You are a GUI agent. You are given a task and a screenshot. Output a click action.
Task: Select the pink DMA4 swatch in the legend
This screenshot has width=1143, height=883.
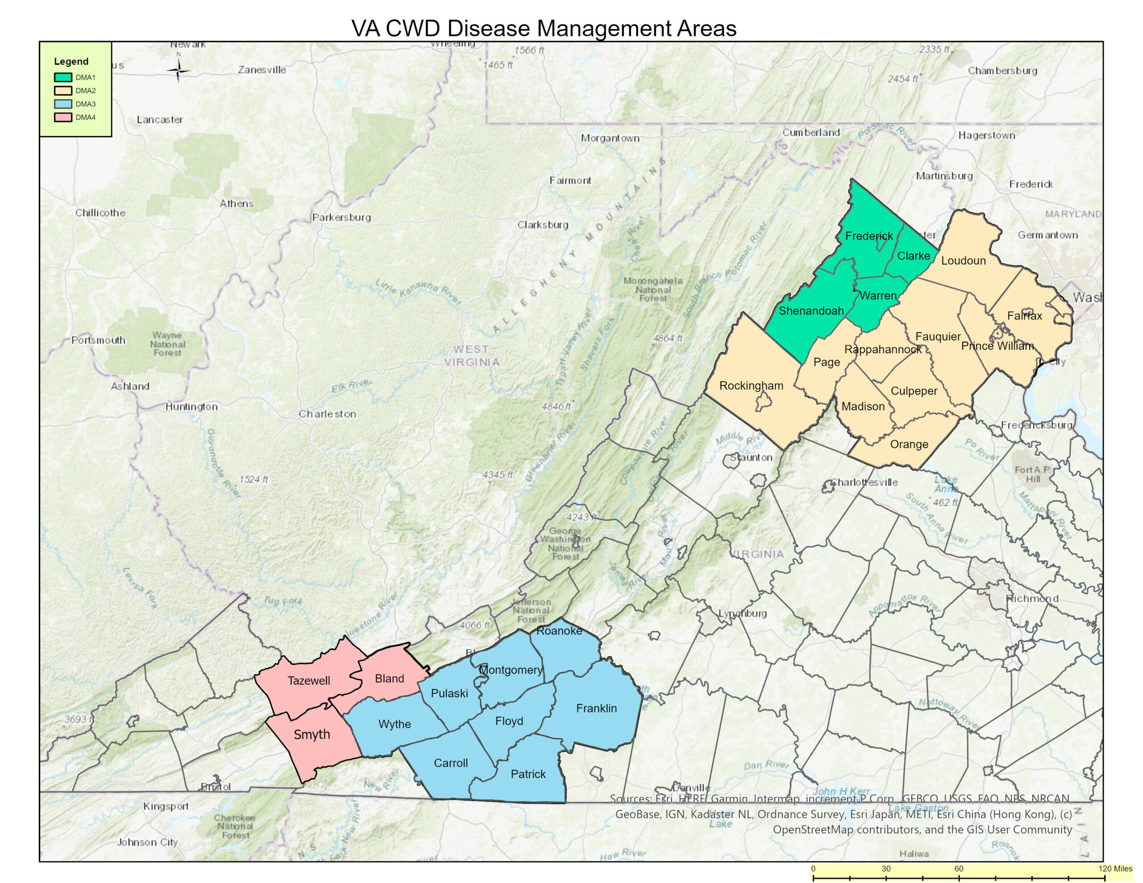point(63,117)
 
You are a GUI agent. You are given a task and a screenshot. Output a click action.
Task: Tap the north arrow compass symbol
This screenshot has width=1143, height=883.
point(179,70)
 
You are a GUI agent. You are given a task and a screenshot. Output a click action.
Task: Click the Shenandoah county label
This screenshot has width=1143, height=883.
point(811,311)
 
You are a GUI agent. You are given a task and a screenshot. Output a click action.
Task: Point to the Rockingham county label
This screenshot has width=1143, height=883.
point(751,386)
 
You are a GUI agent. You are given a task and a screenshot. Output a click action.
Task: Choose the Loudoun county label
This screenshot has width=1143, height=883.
point(963,261)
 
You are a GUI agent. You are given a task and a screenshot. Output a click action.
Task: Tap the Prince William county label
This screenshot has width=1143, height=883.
point(997,346)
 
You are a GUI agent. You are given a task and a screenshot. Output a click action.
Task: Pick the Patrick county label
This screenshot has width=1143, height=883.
point(528,774)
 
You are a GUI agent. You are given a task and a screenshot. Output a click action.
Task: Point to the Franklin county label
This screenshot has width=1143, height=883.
point(596,708)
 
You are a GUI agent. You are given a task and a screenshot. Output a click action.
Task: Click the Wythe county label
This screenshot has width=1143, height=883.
point(394,724)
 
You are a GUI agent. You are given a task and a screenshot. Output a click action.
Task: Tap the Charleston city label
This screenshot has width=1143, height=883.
point(327,414)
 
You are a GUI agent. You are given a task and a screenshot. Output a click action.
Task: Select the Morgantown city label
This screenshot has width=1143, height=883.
point(610,138)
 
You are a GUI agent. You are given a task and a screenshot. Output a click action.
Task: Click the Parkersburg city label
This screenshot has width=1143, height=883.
point(341,217)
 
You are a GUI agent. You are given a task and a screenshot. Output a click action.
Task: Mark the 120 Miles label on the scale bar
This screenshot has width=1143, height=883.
point(1115,869)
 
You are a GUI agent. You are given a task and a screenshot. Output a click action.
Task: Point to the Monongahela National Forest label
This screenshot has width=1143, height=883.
point(653,289)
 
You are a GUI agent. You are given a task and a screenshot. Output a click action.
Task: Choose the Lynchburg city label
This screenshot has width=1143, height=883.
point(742,613)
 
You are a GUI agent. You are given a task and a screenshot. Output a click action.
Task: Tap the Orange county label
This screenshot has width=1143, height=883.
point(909,444)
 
